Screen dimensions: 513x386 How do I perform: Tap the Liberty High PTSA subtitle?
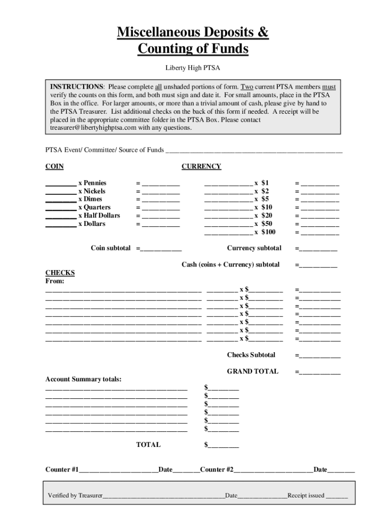click(193, 68)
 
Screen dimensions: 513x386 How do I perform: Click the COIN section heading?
click(55, 166)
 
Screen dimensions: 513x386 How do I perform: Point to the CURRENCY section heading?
click(201, 166)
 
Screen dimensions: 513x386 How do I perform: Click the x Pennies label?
click(92, 183)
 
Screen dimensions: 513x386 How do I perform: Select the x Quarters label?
click(94, 207)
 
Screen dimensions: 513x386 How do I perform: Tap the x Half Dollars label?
click(99, 215)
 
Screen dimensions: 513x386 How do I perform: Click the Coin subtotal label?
click(111, 248)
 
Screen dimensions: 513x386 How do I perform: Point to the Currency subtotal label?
click(254, 248)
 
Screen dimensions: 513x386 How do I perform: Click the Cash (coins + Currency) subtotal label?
click(230, 265)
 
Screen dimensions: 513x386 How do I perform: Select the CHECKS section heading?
click(60, 273)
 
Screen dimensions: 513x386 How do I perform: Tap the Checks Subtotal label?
click(251, 355)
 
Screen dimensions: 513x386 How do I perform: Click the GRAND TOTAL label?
click(252, 371)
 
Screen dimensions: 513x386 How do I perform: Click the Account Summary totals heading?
click(83, 379)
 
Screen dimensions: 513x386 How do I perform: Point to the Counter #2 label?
click(217, 469)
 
